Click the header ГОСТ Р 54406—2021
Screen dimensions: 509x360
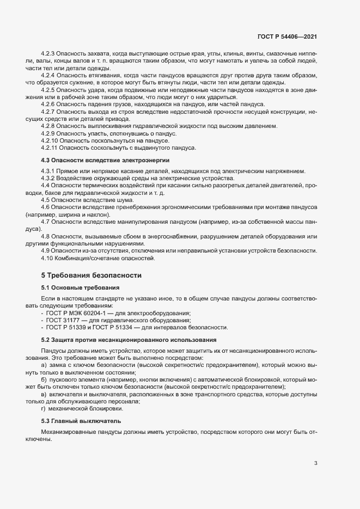pos(287,36)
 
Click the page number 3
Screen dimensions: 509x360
pos(316,463)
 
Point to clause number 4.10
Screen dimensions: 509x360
pos(48,258)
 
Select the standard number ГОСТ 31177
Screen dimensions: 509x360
pos(62,320)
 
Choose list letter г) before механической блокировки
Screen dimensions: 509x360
pos(44,408)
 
